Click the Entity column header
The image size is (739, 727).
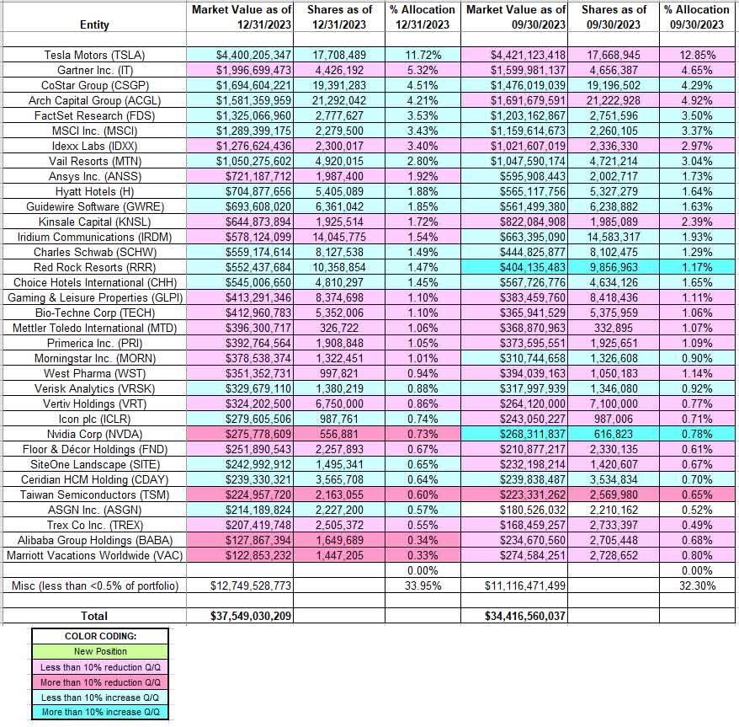[93, 25]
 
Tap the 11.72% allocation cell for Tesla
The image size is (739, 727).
[423, 55]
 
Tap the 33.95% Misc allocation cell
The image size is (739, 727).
[423, 585]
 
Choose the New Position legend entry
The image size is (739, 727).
[99, 651]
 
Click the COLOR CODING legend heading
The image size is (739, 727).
[99, 636]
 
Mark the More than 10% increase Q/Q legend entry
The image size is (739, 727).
[99, 712]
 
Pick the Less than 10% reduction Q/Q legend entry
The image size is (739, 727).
[99, 666]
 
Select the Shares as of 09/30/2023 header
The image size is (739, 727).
[614, 17]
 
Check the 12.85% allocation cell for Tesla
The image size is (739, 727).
[696, 55]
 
